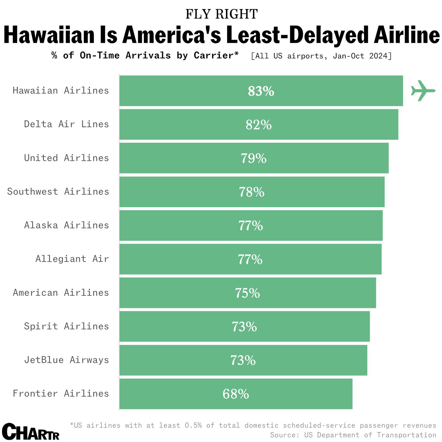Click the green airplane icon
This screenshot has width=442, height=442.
(423, 91)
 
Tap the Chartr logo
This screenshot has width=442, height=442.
(31, 432)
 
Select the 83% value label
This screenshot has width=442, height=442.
(261, 91)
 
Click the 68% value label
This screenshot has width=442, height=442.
(236, 394)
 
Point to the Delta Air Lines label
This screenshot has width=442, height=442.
(66, 124)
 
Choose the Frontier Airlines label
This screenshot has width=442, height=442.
(61, 393)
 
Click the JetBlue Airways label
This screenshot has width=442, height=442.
(66, 360)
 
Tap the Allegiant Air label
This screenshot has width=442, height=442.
(72, 259)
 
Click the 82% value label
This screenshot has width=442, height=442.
(259, 125)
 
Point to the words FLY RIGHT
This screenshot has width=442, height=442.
(221, 14)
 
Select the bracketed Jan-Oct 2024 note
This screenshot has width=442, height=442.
(321, 56)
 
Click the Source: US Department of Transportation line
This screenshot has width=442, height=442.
(353, 435)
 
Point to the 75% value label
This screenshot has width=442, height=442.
(247, 293)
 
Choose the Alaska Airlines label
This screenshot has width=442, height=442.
(66, 225)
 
